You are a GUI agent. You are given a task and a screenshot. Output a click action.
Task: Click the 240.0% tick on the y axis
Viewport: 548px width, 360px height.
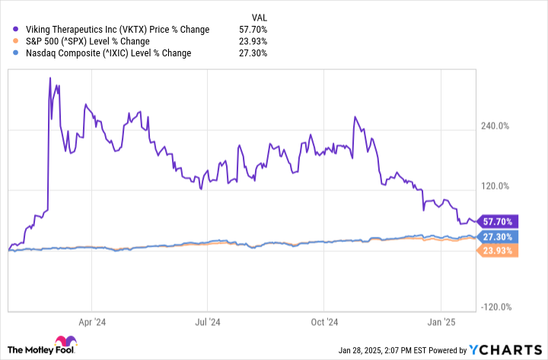499,126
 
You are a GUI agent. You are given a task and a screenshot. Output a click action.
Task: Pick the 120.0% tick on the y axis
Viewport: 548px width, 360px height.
499,186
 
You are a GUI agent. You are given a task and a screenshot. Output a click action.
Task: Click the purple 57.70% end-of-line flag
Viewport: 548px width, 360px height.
496,221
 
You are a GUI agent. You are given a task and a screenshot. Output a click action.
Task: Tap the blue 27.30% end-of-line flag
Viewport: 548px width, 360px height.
496,237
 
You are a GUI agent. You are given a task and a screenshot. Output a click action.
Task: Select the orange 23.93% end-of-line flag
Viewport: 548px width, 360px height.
496,250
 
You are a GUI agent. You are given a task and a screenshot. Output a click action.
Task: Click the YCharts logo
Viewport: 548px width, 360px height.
505,349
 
